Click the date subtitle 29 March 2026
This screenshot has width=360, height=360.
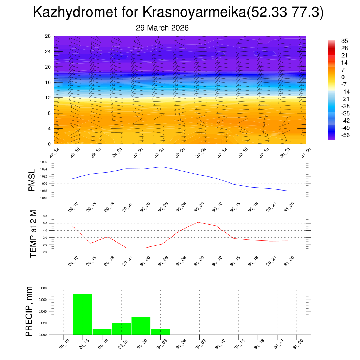pyautogui.click(x=162, y=28)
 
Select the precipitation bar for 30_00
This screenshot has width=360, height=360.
pyautogui.click(x=141, y=326)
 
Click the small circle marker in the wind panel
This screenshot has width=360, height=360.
pyautogui.click(x=159, y=109)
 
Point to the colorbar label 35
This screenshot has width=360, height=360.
pyautogui.click(x=345, y=41)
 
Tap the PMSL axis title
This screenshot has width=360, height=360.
pyautogui.click(x=32, y=180)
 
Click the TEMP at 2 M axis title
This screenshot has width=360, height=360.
pyautogui.click(x=33, y=233)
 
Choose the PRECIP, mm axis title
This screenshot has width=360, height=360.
pyautogui.click(x=30, y=311)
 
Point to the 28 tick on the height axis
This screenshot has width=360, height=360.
pyautogui.click(x=48, y=36)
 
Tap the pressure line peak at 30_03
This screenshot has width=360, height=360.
pyautogui.click(x=162, y=167)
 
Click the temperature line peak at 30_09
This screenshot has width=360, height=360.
pyautogui.click(x=198, y=222)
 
